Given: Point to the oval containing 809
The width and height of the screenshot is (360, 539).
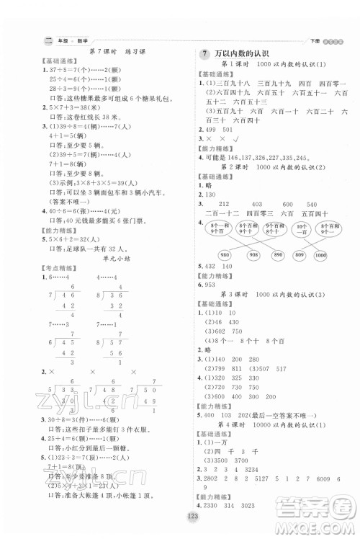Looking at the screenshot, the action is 299,254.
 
